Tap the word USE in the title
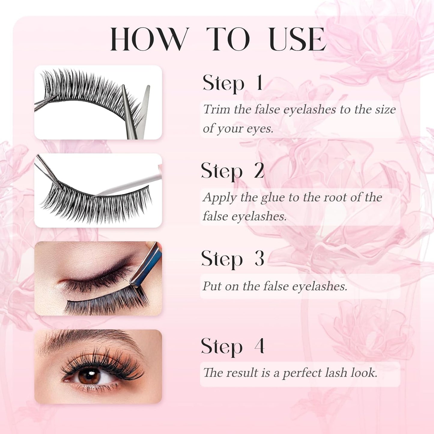tap(297, 39)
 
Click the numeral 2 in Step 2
tap(259, 171)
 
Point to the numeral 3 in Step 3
tap(259, 258)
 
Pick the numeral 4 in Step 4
tap(259, 346)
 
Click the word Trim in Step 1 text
tap(217, 109)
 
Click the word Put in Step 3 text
tap(212, 286)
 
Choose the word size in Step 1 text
tap(385, 109)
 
